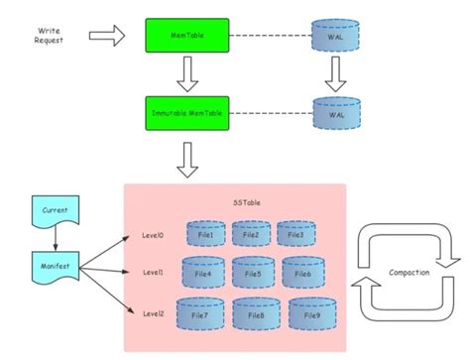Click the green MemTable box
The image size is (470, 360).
click(185, 37)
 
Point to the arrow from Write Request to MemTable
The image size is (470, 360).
click(107, 37)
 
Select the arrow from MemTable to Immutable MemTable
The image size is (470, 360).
click(185, 71)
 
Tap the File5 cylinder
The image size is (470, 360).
click(252, 273)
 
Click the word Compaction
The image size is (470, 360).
click(410, 271)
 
